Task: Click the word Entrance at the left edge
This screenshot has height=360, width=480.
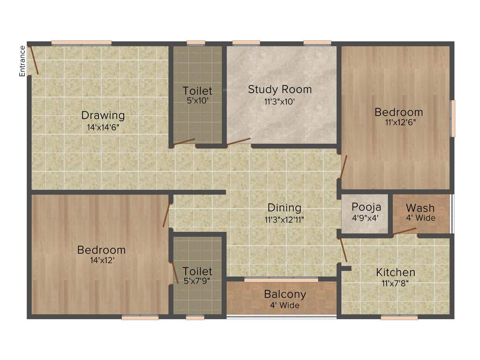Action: click(22, 61)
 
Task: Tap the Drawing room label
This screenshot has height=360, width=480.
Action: click(103, 115)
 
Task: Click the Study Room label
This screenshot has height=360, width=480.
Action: click(280, 89)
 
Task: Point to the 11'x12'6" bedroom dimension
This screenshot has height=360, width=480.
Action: click(398, 123)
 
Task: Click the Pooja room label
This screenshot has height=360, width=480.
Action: click(367, 207)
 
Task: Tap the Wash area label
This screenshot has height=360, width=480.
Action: click(420, 208)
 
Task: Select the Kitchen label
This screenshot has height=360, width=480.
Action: click(396, 272)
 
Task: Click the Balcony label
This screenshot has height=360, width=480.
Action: click(285, 294)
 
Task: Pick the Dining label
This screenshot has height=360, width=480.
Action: click(285, 208)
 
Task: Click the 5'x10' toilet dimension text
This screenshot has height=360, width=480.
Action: click(197, 100)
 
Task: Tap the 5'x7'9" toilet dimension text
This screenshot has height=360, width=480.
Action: click(197, 281)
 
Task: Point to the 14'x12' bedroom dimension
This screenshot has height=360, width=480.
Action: click(102, 260)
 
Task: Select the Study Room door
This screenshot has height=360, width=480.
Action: click(239, 142)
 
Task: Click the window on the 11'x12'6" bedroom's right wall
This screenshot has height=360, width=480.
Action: click(453, 119)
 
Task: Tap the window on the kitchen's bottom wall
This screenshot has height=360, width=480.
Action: click(399, 317)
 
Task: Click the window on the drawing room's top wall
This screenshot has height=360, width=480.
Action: click(82, 43)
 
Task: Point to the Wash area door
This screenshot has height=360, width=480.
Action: click(404, 231)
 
